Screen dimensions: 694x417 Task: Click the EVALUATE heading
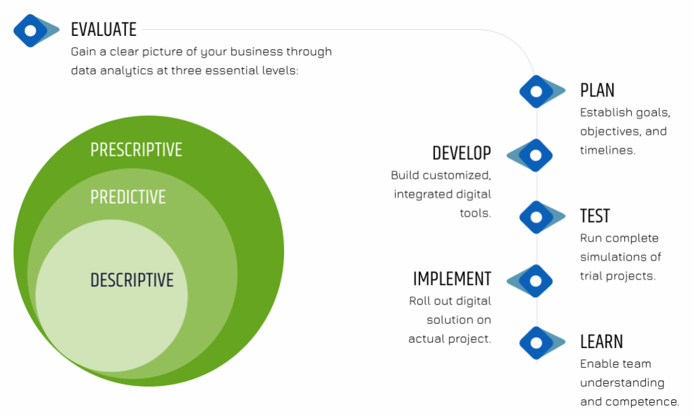click(x=104, y=30)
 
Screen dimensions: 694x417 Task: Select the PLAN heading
click(x=597, y=91)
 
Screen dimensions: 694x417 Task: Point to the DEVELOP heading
click(x=462, y=154)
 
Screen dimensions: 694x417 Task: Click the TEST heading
click(x=595, y=216)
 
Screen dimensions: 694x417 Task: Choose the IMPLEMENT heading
click(x=452, y=279)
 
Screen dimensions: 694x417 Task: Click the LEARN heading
click(x=602, y=342)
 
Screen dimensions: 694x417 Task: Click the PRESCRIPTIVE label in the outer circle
click(x=136, y=150)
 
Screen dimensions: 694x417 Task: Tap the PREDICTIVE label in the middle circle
click(x=128, y=197)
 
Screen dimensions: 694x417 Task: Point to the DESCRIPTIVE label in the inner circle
click(x=132, y=280)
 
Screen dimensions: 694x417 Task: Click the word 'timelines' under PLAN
click(x=607, y=150)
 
